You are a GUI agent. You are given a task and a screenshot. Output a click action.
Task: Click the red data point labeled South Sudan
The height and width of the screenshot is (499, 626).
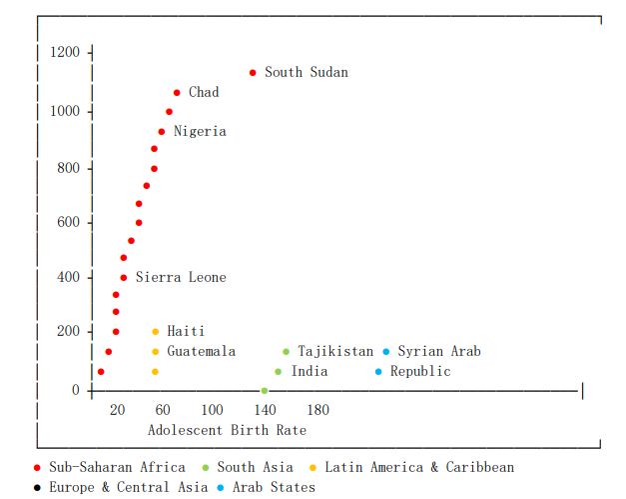[x=253, y=73]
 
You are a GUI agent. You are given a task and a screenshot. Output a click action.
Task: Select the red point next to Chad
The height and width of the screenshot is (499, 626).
[x=177, y=93]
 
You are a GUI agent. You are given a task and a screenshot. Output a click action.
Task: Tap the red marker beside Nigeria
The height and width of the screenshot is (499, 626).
[x=162, y=132]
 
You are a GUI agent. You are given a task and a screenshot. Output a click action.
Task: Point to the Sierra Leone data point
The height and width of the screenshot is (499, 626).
[x=124, y=278]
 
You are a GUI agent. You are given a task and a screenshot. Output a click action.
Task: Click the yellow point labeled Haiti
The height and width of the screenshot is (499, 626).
[x=156, y=332]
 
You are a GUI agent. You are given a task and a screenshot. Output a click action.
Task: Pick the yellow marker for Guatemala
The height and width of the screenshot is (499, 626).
[x=156, y=352]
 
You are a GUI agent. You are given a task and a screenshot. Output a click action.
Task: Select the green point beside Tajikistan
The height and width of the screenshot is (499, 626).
[x=287, y=352]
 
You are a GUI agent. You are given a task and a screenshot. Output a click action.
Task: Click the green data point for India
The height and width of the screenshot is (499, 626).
[x=279, y=372]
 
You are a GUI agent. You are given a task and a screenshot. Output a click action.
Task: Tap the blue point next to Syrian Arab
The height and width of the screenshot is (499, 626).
[x=386, y=352]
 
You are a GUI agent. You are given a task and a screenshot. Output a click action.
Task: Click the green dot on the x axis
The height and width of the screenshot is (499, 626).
[x=264, y=391]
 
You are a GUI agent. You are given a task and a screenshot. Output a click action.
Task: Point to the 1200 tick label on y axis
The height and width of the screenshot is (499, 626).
[x=64, y=52]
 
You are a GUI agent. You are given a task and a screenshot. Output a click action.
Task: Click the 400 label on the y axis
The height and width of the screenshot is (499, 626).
[x=68, y=277]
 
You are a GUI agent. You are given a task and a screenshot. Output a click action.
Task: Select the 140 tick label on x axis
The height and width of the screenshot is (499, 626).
[x=265, y=410]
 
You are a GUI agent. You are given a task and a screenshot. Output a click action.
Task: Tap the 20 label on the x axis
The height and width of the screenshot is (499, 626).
[x=118, y=410]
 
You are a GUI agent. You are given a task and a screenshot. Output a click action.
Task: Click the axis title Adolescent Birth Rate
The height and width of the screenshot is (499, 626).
[x=227, y=430]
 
